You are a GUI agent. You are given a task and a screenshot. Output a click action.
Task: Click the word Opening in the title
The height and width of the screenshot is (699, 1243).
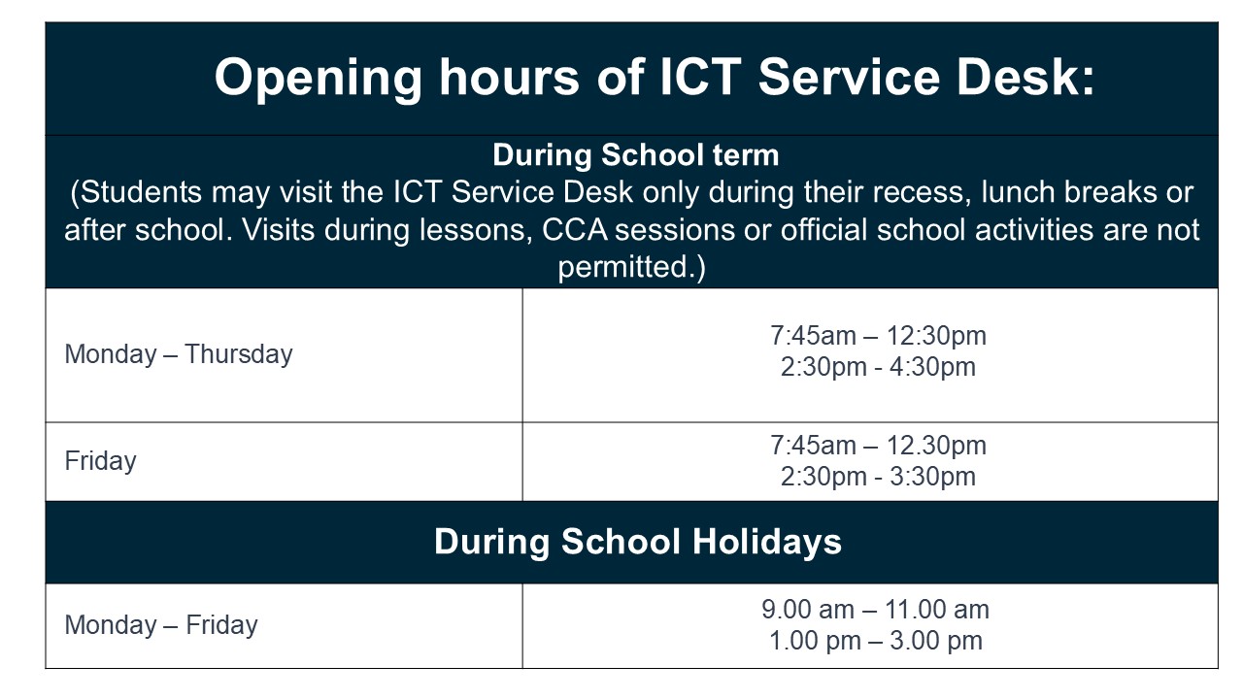click(x=318, y=79)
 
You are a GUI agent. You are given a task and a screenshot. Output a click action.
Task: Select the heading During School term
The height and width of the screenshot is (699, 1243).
click(x=636, y=154)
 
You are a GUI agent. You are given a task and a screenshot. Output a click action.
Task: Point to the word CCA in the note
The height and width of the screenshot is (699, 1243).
click(x=575, y=230)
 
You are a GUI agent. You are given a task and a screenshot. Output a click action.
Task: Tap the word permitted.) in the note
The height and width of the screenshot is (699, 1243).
click(x=631, y=267)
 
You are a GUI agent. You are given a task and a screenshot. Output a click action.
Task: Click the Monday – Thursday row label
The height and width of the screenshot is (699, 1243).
click(x=179, y=354)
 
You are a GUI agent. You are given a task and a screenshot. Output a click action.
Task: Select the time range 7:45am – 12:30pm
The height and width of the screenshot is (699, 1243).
click(x=878, y=336)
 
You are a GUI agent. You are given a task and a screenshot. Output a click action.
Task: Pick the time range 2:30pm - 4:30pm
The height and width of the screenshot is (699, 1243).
click(x=878, y=367)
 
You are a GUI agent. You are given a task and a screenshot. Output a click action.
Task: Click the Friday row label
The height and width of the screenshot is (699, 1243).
click(x=100, y=461)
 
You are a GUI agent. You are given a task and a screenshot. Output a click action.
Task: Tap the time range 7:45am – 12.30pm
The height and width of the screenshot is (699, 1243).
click(x=878, y=446)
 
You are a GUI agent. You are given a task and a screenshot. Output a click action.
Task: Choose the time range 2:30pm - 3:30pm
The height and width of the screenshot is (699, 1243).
click(x=878, y=477)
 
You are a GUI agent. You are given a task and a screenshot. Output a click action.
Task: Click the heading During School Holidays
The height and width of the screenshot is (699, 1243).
click(x=638, y=542)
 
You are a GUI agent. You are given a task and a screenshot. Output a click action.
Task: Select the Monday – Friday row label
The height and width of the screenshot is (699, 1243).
click(x=161, y=624)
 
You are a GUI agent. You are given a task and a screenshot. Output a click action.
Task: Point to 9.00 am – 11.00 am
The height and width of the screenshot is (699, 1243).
click(x=875, y=609)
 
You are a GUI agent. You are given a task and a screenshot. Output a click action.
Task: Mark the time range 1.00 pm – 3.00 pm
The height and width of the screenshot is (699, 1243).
click(x=876, y=640)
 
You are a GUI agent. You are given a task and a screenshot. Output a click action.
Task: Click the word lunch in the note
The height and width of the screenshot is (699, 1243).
click(x=1018, y=192)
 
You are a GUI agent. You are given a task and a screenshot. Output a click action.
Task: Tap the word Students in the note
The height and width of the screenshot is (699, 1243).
click(x=142, y=192)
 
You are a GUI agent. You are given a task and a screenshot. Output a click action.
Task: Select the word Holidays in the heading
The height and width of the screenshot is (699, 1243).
click(x=766, y=542)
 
